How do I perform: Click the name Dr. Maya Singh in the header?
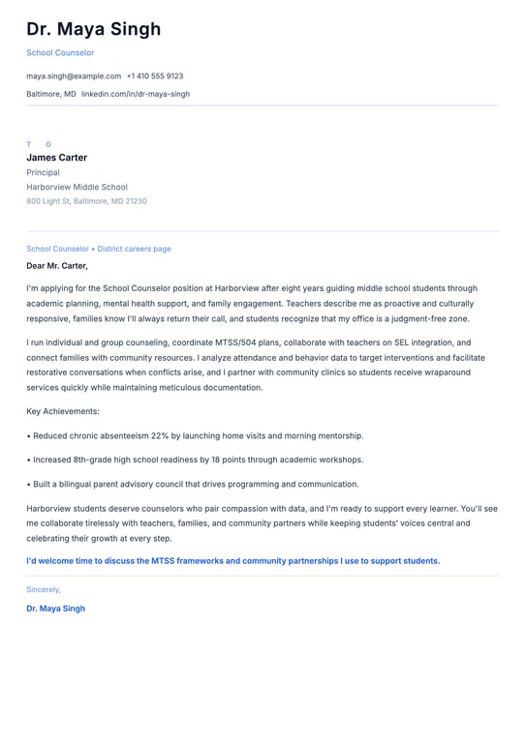(94, 29)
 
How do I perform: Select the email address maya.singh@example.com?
(74, 75)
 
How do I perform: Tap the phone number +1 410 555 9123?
(155, 75)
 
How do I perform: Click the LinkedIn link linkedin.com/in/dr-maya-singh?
(136, 94)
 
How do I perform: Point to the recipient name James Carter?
(56, 158)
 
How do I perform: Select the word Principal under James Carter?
(43, 172)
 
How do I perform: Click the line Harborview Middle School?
(77, 187)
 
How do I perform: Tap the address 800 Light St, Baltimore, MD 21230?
(86, 201)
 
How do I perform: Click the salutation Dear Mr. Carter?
(57, 265)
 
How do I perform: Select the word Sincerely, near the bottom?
(44, 589)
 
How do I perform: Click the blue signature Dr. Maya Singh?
(55, 609)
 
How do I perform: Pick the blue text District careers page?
(134, 249)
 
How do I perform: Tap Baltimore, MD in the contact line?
(51, 94)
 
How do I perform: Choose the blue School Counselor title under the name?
(60, 52)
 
